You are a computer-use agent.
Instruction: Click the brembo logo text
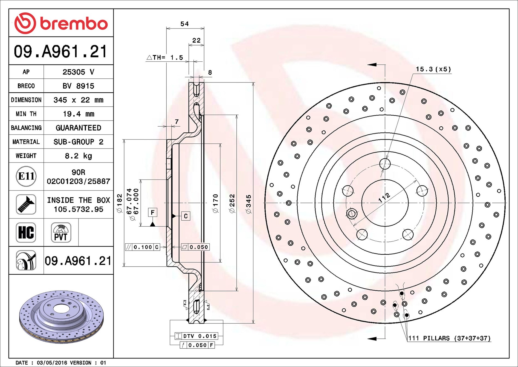pos(74,24)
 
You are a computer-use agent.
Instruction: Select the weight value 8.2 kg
pos(78,156)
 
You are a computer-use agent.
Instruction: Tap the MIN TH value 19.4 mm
pos(78,114)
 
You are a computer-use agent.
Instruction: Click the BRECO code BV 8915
pos(78,86)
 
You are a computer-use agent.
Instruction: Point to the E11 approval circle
pos(26,176)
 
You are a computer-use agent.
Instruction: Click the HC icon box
pos(26,232)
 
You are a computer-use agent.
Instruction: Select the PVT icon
pos(61,232)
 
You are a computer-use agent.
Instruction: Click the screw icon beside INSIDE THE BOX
pos(26,204)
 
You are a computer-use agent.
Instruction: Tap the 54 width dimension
pos(184,24)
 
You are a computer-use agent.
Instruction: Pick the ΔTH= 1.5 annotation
pos(165,58)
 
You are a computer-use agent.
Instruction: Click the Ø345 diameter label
pos(248,204)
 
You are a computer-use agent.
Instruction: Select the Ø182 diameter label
pos(119,203)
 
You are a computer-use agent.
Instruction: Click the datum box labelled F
pos(153,212)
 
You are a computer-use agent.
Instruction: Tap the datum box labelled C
pos(186,216)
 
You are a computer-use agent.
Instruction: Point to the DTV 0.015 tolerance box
pos(196,336)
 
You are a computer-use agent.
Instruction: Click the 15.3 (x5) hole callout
pos(433,69)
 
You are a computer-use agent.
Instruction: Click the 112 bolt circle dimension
pos(384,197)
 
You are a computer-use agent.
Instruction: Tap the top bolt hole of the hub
pos(385,164)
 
